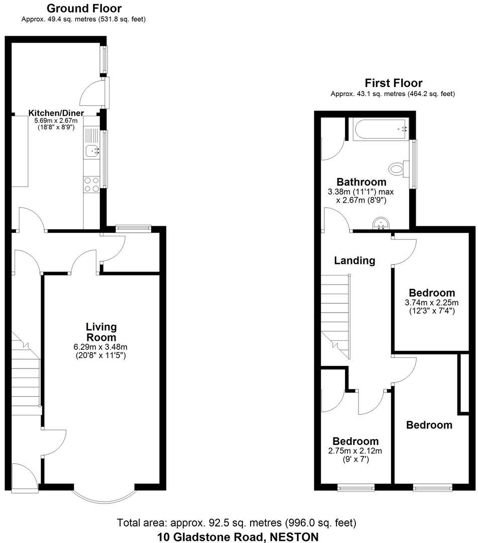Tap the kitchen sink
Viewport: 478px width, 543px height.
pyautogui.click(x=92, y=150)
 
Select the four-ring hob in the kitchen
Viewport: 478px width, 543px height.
pyautogui.click(x=91, y=184)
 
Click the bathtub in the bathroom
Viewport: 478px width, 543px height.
pyautogui.click(x=381, y=129)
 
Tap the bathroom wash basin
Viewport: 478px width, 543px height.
pyautogui.click(x=381, y=224)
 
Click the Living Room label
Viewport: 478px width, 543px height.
pyautogui.click(x=101, y=332)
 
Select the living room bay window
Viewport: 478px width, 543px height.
pyautogui.click(x=104, y=495)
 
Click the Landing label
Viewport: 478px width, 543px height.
pyautogui.click(x=354, y=260)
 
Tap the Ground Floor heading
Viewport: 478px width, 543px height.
pyautogui.click(x=84, y=9)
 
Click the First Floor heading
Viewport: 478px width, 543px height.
pyautogui.click(x=393, y=83)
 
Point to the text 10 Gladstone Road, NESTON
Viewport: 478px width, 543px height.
pyautogui.click(x=237, y=536)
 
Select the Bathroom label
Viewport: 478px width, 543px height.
pyautogui.click(x=361, y=182)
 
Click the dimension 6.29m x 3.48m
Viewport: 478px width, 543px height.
pyautogui.click(x=101, y=347)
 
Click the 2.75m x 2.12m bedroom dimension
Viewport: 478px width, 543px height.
pyautogui.click(x=355, y=450)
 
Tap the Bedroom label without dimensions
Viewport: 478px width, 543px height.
pyautogui.click(x=429, y=425)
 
